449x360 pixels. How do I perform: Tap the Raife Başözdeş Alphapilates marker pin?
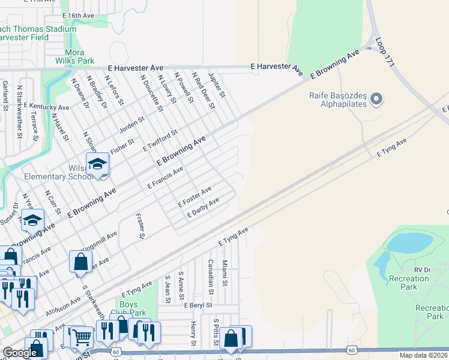376,98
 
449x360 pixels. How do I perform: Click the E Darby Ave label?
202,208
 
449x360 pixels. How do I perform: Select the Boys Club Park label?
128,308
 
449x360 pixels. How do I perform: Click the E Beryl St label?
199,305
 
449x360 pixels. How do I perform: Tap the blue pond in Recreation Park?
411,242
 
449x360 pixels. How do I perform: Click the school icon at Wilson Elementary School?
97,163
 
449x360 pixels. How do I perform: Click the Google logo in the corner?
20,353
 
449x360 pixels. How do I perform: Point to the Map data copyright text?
424,355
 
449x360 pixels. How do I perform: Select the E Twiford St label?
160,140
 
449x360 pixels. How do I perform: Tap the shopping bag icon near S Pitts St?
231,338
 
